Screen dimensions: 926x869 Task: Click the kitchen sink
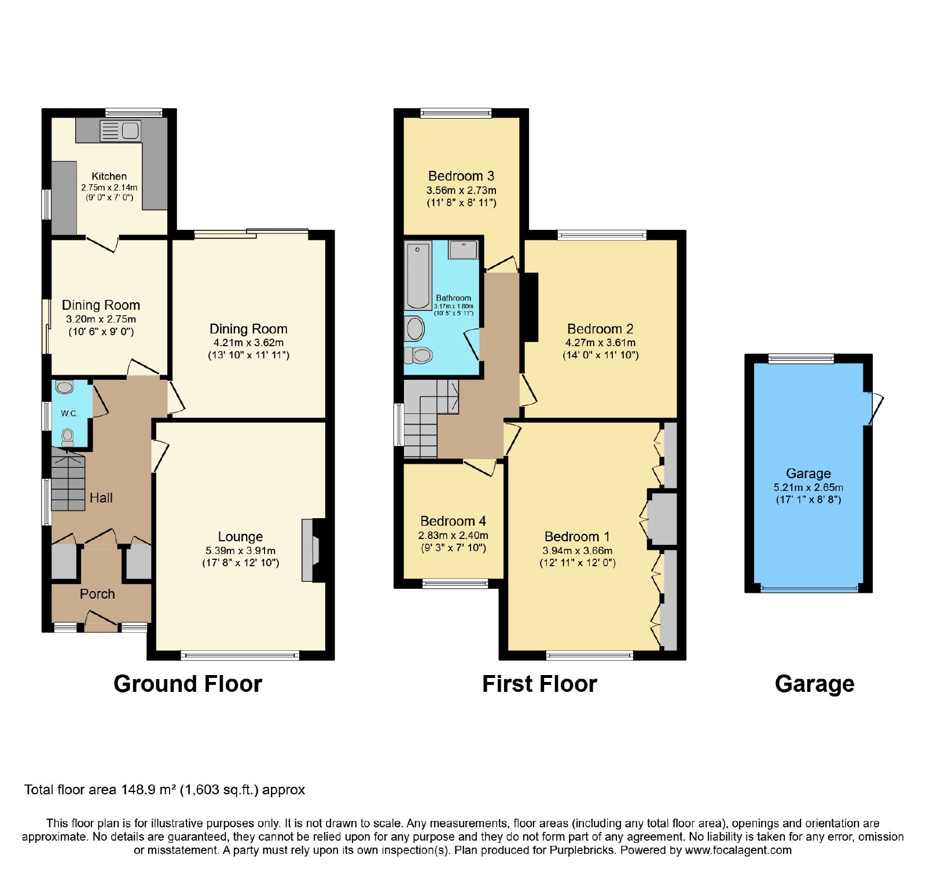(120, 131)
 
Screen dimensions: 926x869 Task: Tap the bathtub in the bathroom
(418, 276)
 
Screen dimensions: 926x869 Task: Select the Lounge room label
(240, 537)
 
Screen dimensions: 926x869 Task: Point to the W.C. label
(69, 413)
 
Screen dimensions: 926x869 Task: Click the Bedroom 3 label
(461, 176)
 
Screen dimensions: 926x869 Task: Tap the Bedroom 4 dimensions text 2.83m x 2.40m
(453, 536)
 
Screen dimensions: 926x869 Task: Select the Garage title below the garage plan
(814, 684)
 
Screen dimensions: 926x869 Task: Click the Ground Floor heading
(188, 684)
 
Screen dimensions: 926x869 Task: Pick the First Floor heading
(539, 684)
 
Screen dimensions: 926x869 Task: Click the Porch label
(97, 594)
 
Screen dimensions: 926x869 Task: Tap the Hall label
(101, 498)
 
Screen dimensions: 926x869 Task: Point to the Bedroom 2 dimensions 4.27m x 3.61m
(600, 343)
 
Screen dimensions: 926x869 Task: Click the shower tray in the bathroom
(464, 250)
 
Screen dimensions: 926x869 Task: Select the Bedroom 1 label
(577, 537)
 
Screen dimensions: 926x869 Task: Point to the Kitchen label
(109, 177)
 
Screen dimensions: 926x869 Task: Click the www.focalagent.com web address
(738, 850)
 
